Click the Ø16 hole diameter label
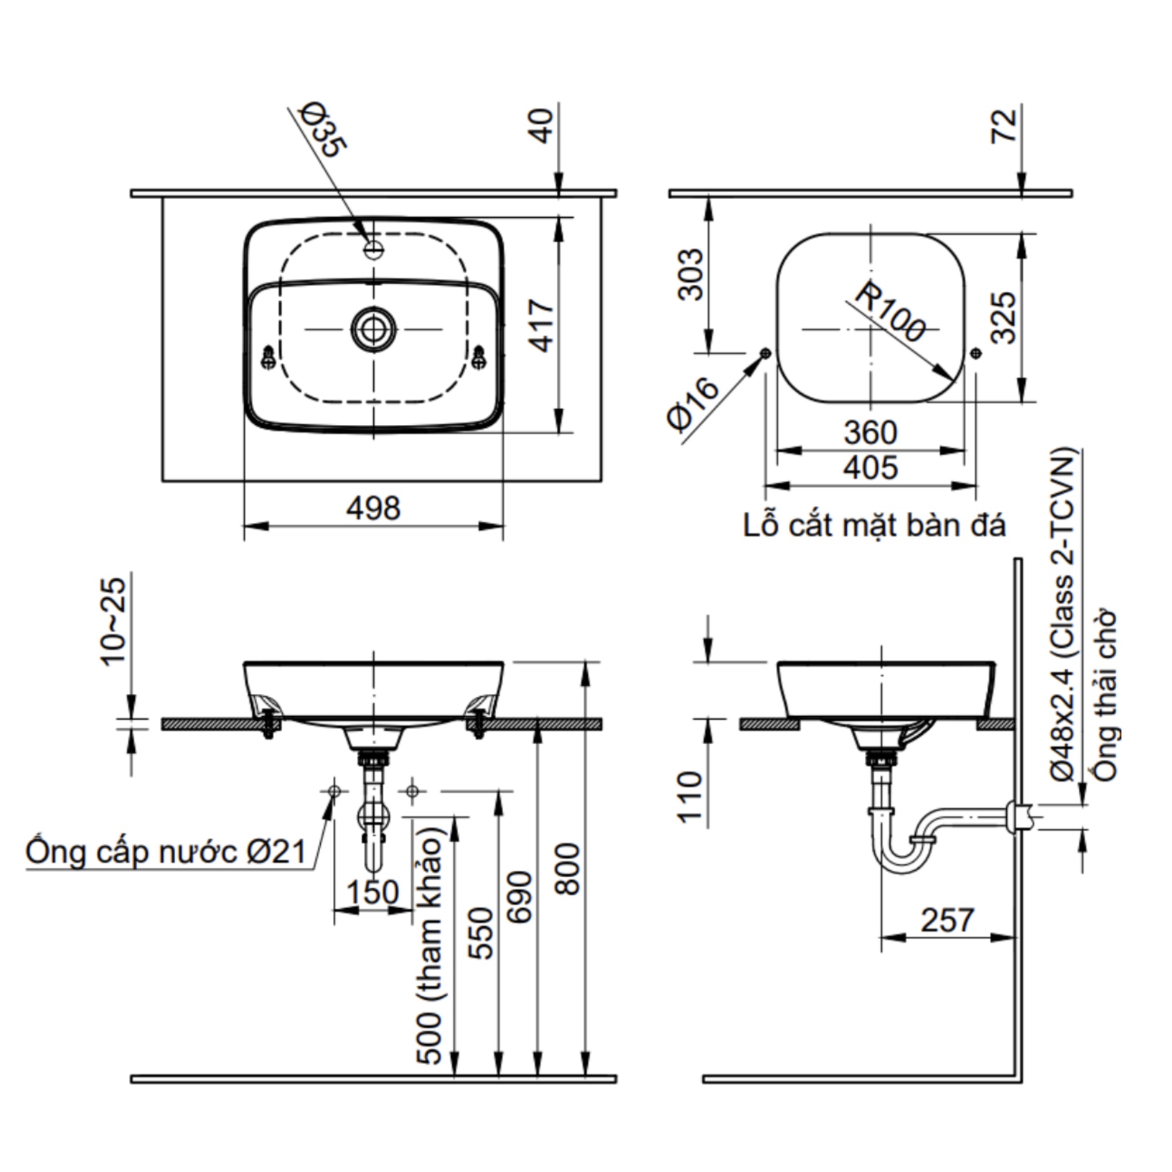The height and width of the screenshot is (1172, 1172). coord(692,404)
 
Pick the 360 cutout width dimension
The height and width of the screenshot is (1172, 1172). coord(870,432)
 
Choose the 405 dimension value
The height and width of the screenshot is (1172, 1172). coord(870,468)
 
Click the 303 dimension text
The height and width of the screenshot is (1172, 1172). coord(691,274)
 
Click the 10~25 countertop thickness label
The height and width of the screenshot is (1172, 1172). coord(114,622)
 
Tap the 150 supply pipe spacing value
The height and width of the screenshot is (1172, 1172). coord(373,892)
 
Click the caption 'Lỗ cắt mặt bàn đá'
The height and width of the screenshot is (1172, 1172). coord(874,525)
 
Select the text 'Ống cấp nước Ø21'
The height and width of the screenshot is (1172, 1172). coord(166,852)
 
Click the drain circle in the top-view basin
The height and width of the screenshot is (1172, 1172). coord(374,329)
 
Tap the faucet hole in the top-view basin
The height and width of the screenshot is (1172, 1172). coord(374,248)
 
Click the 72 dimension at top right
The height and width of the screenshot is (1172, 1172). coord(1004,126)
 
